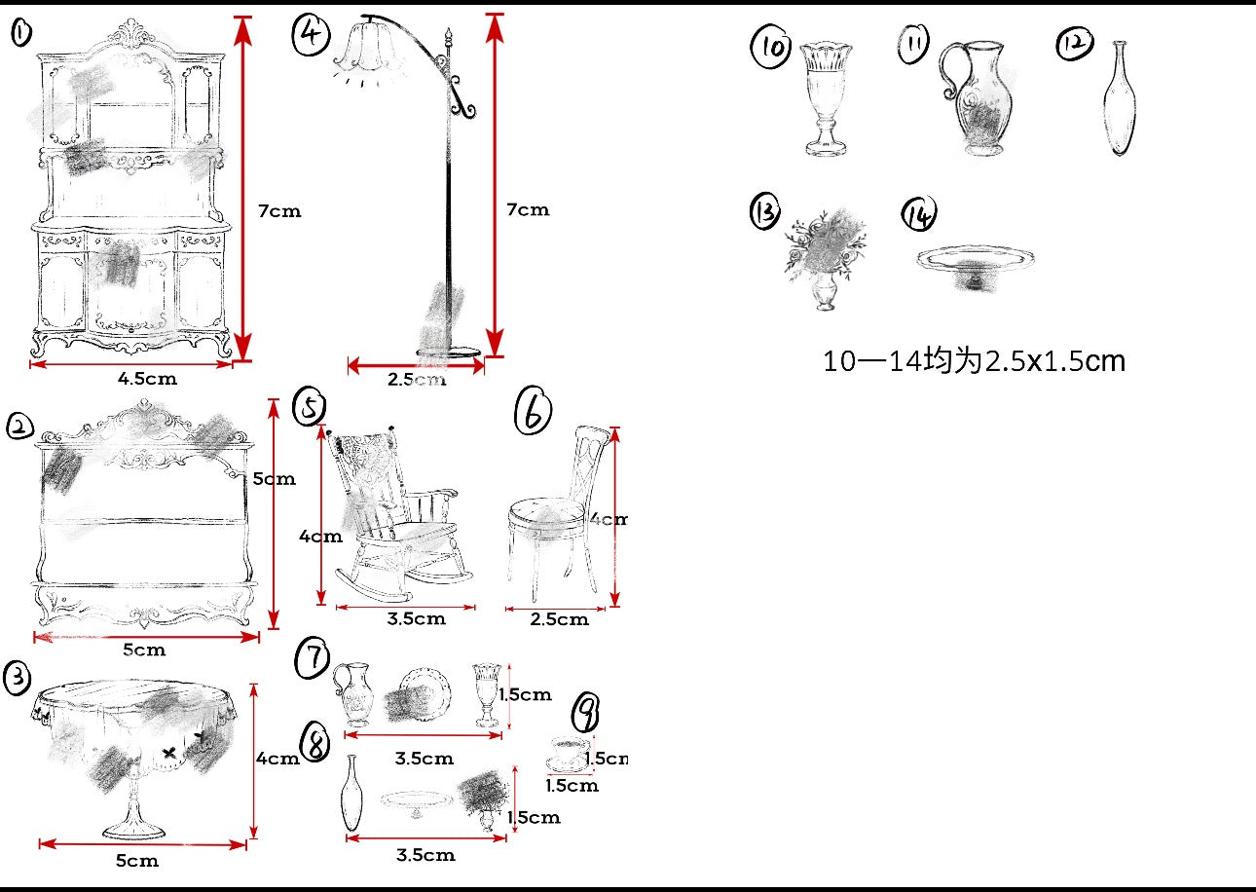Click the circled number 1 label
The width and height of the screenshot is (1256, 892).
[20, 34]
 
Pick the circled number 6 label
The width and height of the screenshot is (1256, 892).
[533, 412]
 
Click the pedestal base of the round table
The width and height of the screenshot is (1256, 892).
[133, 828]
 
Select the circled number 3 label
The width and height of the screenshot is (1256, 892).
[18, 678]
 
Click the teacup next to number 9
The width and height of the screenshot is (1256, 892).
[568, 753]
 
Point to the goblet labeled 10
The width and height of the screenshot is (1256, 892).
[826, 97]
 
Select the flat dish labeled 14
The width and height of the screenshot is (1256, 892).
[975, 260]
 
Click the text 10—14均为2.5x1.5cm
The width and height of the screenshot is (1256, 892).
[974, 361]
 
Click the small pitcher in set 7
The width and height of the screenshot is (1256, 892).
[353, 692]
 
